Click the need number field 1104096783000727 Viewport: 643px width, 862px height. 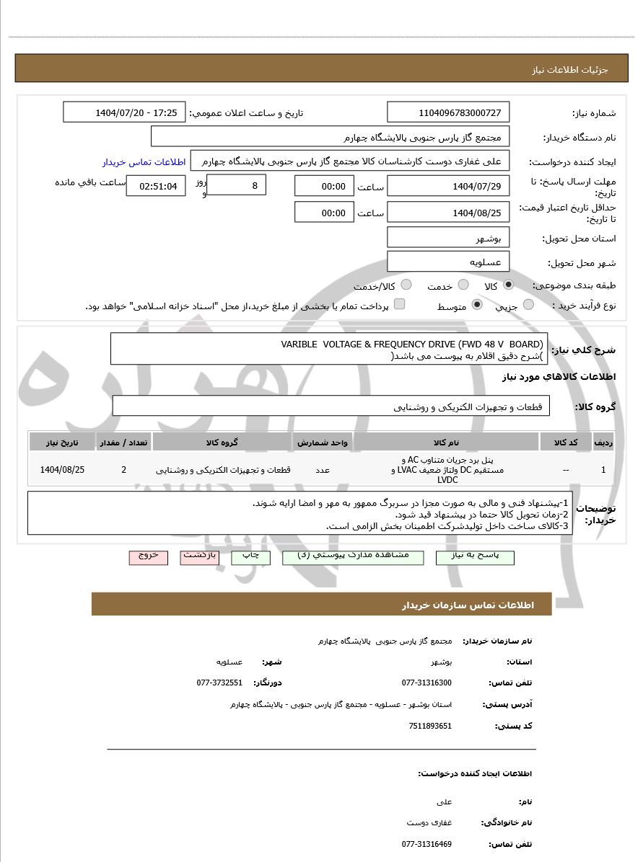point(448,112)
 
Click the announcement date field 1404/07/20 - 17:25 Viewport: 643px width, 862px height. point(124,112)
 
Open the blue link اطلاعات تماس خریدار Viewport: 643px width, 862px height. point(144,161)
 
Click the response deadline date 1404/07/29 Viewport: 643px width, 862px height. point(448,186)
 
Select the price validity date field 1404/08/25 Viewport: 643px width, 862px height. point(448,212)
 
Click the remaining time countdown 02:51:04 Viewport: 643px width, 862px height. point(155,186)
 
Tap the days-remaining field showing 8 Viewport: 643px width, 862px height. point(236,185)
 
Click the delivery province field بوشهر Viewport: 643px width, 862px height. point(448,238)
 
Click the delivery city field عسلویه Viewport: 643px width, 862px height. point(448,262)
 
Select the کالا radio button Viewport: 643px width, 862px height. point(509,285)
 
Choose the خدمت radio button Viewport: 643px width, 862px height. point(463,285)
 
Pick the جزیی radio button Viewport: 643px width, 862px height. point(528,305)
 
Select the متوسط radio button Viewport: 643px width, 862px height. point(476,305)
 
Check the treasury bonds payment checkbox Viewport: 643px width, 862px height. point(399,304)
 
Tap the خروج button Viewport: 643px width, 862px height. point(148,556)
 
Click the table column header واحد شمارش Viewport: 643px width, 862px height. point(323,442)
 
